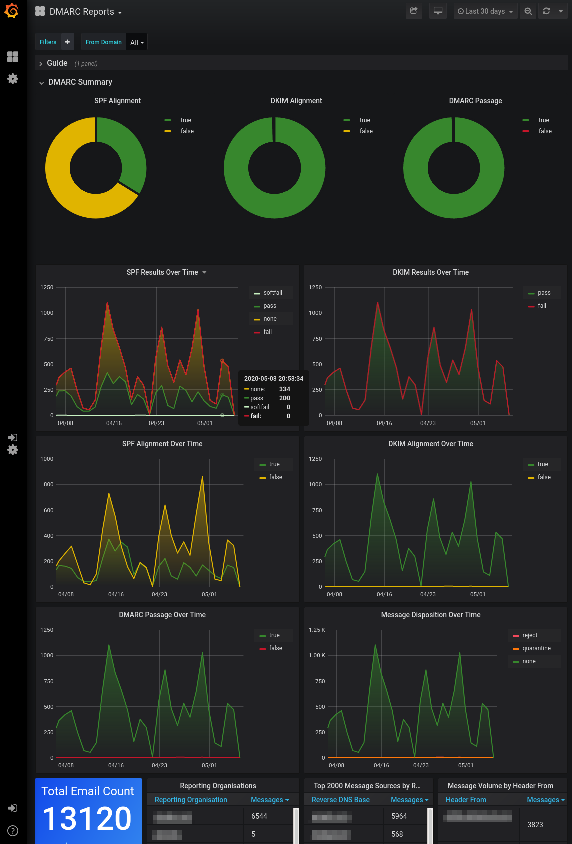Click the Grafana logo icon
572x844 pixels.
point(11,11)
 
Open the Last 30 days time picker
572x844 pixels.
point(485,11)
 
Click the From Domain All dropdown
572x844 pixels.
point(137,42)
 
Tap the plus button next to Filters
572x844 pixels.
point(67,42)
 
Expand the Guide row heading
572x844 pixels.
point(57,63)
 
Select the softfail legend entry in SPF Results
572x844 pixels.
point(272,293)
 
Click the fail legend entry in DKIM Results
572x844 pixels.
point(542,306)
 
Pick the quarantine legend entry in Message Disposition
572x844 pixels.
point(536,648)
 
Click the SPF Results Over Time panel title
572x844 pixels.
point(162,272)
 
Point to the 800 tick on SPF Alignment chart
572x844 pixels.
point(48,484)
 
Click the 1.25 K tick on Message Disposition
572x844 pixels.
point(317,630)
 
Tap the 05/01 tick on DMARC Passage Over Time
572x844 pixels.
point(209,765)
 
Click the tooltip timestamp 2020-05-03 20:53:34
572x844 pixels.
point(273,379)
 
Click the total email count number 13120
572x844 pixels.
point(87,819)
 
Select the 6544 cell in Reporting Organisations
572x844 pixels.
point(259,816)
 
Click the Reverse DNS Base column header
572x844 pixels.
point(340,800)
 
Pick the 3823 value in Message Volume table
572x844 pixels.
point(535,825)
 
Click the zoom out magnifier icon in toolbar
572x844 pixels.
point(528,11)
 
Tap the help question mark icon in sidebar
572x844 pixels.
point(13,831)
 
